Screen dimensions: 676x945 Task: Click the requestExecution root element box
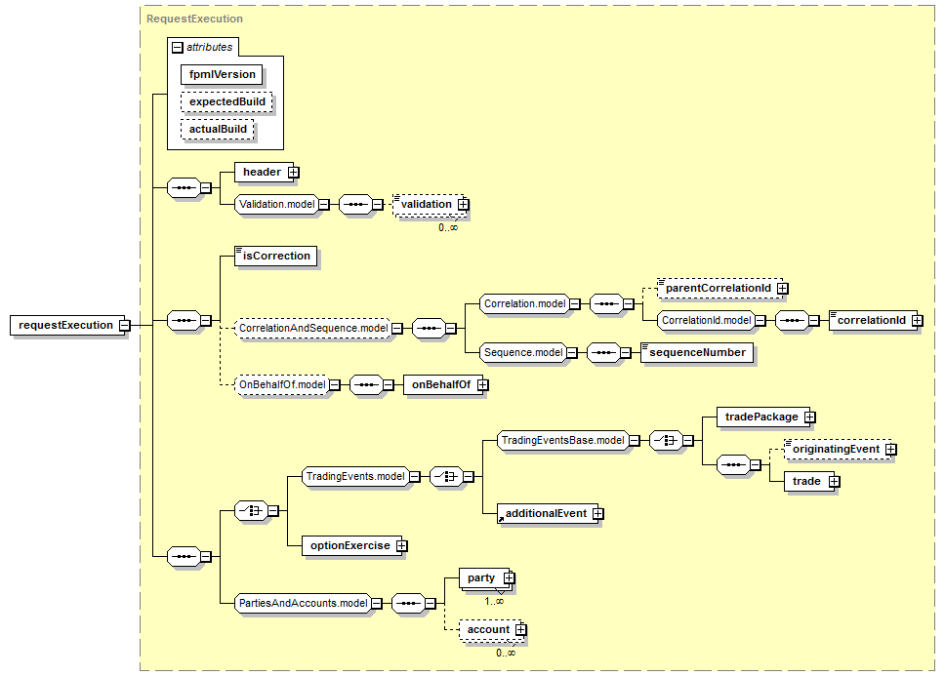(64, 325)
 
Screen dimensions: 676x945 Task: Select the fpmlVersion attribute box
(222, 74)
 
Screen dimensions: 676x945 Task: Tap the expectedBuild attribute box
(226, 101)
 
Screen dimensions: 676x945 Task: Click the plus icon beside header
(293, 173)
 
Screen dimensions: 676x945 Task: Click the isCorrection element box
(276, 257)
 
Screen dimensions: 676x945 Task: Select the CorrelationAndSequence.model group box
(312, 329)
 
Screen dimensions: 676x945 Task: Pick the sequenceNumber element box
(697, 353)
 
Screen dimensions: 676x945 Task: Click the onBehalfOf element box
(440, 385)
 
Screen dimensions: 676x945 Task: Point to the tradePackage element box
(760, 417)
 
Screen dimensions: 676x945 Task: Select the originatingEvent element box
(835, 450)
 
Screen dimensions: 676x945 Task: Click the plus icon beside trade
(834, 482)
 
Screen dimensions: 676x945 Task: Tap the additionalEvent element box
(545, 513)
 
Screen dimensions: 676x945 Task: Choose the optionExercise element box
(349, 546)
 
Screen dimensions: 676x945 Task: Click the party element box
(480, 578)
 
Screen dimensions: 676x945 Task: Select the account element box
(487, 630)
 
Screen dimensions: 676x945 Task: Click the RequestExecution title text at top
(194, 19)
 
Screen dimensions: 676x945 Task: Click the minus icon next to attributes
(177, 47)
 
